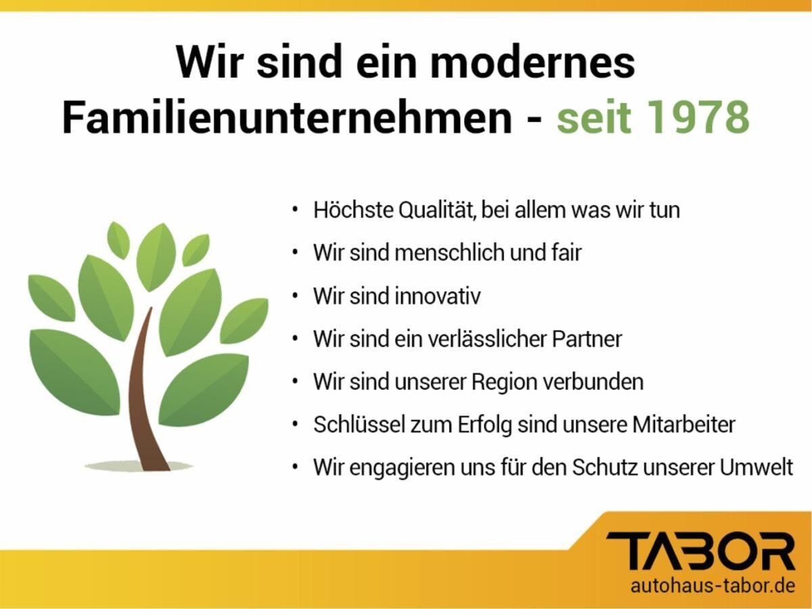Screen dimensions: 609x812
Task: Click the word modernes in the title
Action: (x=533, y=62)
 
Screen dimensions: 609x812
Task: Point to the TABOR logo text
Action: (x=700, y=551)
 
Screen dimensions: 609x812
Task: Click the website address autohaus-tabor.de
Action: (x=713, y=585)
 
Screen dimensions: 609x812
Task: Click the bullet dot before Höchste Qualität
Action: (x=295, y=210)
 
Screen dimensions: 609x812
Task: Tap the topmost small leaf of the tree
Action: (x=118, y=240)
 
